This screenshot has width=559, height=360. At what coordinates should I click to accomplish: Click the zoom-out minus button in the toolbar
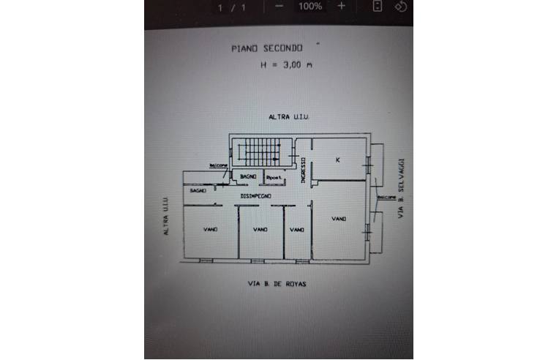[x=279, y=6]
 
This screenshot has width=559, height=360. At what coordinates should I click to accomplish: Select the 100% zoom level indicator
[x=310, y=6]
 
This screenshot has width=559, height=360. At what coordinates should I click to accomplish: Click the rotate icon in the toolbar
[x=400, y=6]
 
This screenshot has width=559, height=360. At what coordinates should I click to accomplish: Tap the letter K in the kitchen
[x=337, y=160]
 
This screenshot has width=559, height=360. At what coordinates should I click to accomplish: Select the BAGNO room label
[x=247, y=178]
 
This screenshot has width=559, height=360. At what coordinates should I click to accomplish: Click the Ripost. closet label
[x=274, y=179]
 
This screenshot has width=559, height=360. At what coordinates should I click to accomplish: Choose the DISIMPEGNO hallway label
[x=256, y=196]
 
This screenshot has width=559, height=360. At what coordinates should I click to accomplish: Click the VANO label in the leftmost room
[x=210, y=230]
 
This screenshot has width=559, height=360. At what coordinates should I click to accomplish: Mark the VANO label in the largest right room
[x=338, y=219]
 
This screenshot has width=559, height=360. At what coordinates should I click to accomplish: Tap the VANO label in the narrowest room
[x=296, y=230]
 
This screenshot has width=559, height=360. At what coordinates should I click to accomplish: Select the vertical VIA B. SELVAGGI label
[x=401, y=188]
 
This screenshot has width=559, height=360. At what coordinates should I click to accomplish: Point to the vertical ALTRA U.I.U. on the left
[x=168, y=217]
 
